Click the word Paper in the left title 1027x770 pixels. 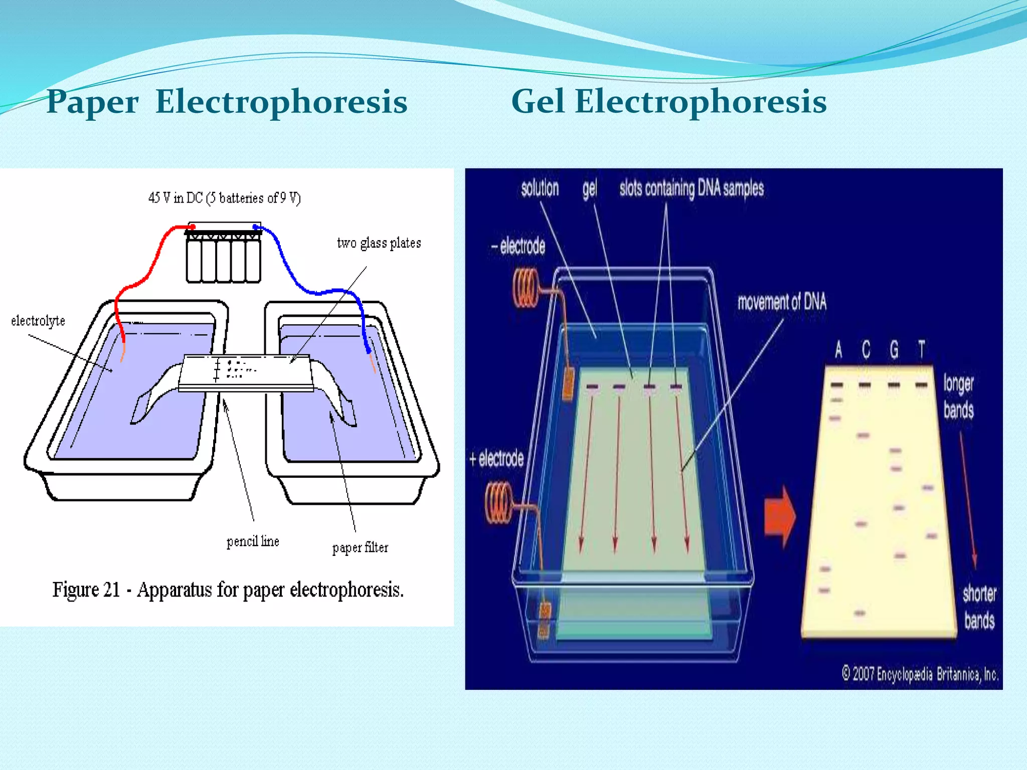92,102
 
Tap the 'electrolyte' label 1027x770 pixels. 38,321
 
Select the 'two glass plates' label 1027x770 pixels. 379,243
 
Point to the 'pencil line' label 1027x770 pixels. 253,541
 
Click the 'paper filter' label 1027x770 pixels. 360,547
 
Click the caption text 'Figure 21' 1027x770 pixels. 86,590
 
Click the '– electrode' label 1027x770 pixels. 518,246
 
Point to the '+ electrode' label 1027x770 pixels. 496,459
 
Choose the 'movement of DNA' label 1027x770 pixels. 781,302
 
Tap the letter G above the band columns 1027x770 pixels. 894,349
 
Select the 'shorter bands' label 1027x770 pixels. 979,607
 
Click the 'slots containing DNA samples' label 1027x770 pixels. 692,188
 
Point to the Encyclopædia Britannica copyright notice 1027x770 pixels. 920,674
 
